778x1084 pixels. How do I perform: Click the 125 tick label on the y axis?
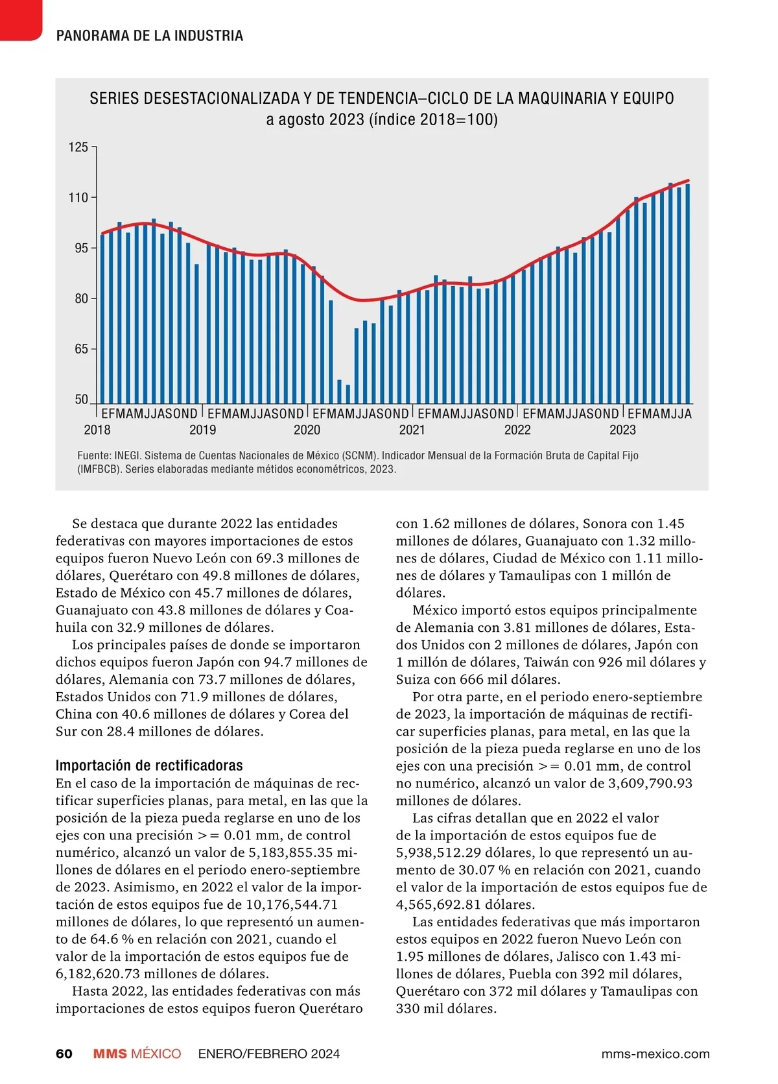pos(78,147)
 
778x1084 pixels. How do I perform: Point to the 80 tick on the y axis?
pos(81,299)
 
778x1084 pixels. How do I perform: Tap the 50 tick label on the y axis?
pos(81,400)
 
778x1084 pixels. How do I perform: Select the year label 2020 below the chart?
pos(307,430)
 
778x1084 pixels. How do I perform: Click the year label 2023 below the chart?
pos(622,430)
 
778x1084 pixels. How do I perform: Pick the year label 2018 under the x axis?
pos(97,430)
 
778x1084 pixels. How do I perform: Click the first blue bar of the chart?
pos(102,319)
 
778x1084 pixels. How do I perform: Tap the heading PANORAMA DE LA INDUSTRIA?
pos(150,36)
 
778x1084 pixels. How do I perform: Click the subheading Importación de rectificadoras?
pos(149,765)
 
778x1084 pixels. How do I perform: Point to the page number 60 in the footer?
pos(64,1054)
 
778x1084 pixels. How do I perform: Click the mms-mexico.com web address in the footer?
pos(655,1054)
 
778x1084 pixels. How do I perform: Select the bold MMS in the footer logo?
pos(110,1054)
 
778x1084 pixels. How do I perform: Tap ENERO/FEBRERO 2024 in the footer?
pos(268,1054)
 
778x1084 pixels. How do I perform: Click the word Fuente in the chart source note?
pos(93,456)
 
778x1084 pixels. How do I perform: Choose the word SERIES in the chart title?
pos(113,99)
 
